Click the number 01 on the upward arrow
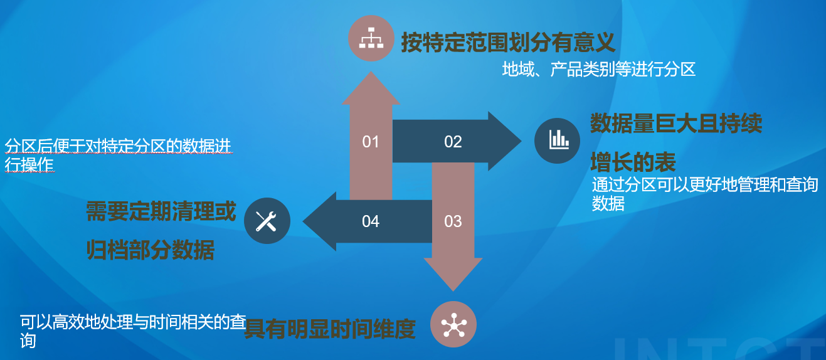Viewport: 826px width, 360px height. (x=371, y=142)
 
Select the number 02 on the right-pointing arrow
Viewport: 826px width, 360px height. (x=453, y=142)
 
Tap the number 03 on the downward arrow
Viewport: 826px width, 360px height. (x=453, y=221)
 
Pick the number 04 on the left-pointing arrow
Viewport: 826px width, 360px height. (x=371, y=221)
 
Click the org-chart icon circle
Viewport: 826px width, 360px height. (x=371, y=38)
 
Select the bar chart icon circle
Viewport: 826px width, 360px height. (x=557, y=141)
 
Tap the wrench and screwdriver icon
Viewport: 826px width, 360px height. (x=267, y=221)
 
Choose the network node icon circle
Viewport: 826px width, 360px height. (x=453, y=324)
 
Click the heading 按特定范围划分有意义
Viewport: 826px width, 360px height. (x=508, y=43)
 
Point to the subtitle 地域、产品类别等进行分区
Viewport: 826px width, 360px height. (x=599, y=70)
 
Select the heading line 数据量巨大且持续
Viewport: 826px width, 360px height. (x=676, y=123)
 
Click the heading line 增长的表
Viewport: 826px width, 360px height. (x=633, y=162)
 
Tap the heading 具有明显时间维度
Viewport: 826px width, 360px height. (x=330, y=329)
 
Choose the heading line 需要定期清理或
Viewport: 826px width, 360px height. (x=161, y=211)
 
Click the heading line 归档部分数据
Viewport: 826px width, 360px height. (x=150, y=250)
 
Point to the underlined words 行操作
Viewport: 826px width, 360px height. (x=29, y=165)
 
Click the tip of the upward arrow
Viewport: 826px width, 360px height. (x=371, y=71)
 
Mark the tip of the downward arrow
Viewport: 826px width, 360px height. (x=453, y=292)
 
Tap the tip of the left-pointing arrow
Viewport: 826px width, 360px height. (x=303, y=221)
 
